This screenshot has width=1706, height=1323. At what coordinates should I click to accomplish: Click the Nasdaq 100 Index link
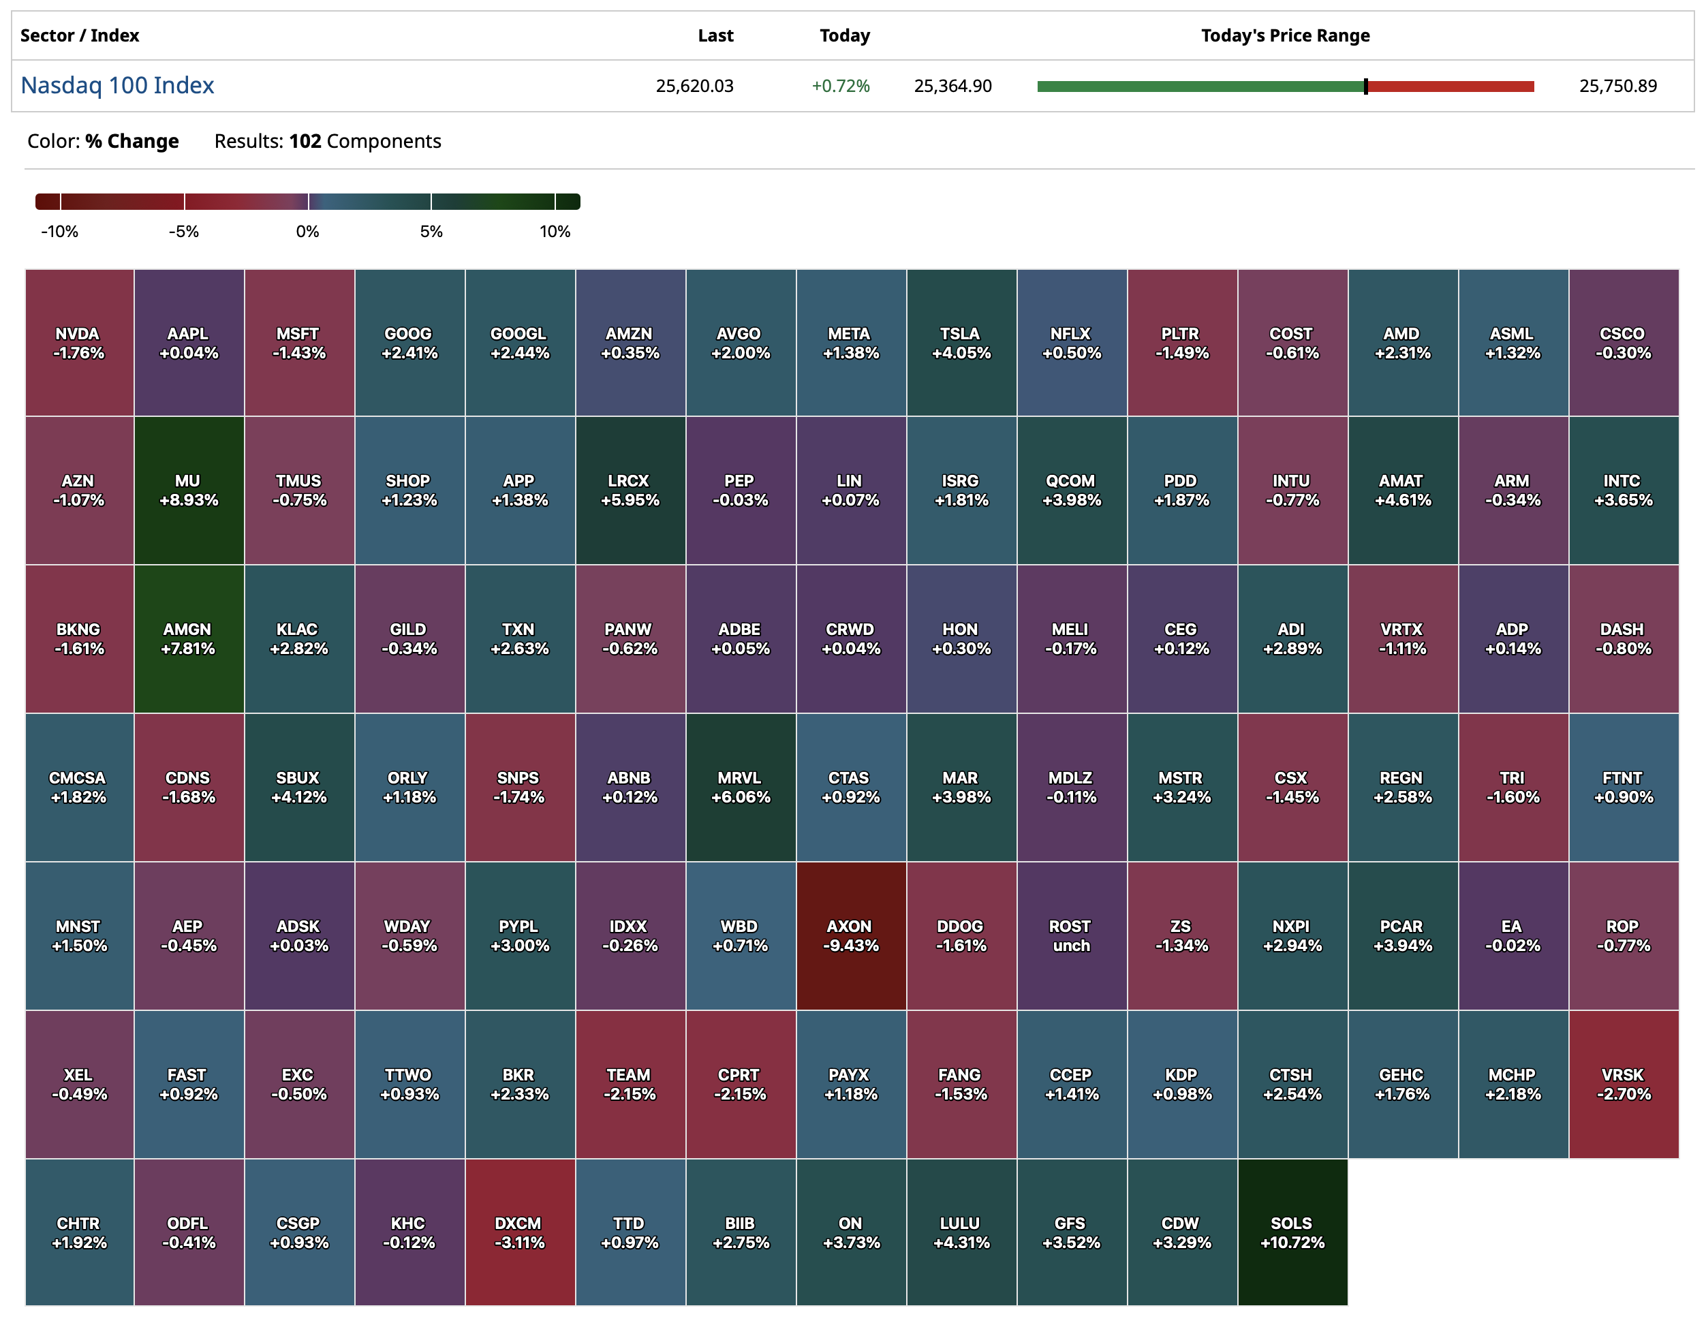click(117, 85)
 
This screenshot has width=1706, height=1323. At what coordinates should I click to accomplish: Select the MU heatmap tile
click(188, 491)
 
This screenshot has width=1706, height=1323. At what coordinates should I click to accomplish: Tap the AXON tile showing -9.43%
click(851, 935)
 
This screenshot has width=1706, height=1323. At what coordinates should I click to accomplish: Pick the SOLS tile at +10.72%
click(1292, 1232)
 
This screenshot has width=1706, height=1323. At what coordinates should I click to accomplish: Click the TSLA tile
click(961, 343)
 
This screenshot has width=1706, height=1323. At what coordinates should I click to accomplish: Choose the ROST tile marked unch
click(1071, 935)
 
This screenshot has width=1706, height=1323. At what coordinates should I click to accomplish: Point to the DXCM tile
click(519, 1232)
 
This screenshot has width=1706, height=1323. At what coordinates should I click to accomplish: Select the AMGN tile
click(188, 639)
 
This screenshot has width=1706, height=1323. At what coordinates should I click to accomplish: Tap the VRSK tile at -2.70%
click(1623, 1084)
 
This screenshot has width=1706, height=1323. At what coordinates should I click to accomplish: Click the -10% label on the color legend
click(59, 232)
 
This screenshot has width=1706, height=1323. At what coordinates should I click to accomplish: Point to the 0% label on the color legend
click(308, 232)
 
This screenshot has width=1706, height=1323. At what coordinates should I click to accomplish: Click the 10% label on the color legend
click(555, 232)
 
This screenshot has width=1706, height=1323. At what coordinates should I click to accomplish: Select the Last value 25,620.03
click(694, 86)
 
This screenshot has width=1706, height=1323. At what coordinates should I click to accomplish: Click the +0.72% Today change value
click(841, 86)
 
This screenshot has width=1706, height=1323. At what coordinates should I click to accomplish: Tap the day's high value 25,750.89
click(1617, 86)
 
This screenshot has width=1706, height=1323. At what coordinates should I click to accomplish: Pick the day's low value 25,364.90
click(953, 86)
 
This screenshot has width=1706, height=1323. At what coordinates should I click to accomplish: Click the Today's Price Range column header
click(1285, 35)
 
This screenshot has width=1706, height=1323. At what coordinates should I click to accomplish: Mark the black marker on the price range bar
click(1365, 87)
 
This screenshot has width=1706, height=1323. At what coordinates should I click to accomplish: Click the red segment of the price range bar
click(1451, 87)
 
